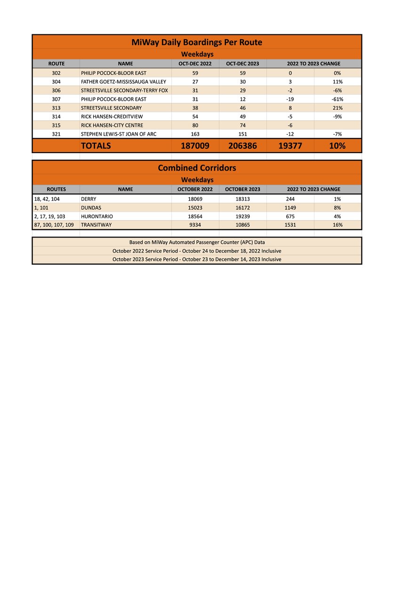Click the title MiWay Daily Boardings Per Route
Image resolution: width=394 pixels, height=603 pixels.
[x=197, y=42]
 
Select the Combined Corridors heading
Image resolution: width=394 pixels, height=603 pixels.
[x=197, y=168]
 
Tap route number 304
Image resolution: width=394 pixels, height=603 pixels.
[x=56, y=82]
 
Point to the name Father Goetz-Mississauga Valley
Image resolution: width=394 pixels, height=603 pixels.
[x=123, y=82]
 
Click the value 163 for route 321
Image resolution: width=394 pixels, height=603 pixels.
[x=195, y=134]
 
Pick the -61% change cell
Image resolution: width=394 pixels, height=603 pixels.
[x=337, y=99]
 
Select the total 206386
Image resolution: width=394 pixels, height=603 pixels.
[x=242, y=146]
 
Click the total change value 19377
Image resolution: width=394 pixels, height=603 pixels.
[x=290, y=146]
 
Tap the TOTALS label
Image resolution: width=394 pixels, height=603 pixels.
[x=96, y=146]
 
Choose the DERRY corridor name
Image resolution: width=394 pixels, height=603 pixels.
[x=88, y=199]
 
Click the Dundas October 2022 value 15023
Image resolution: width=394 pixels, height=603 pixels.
[x=195, y=208]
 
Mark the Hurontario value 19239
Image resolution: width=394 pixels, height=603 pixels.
[x=242, y=216]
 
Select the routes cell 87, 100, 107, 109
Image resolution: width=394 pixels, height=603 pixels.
[x=54, y=225]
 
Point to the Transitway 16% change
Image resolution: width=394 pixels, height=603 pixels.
[x=337, y=225]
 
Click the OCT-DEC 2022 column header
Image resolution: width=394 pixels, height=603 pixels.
[x=195, y=64]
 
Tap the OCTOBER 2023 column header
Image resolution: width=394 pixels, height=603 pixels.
[x=242, y=189]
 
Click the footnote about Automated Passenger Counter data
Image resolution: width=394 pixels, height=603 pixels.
[x=197, y=242]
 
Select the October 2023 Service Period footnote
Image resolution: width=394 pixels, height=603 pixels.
[x=197, y=260]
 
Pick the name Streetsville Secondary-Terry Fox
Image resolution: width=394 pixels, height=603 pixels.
[x=124, y=90]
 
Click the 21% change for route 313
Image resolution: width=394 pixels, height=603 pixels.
[x=337, y=108]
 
